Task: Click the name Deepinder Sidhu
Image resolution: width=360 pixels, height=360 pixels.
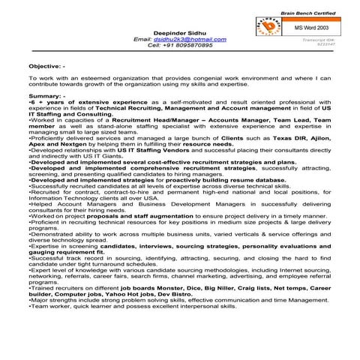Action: click(180, 32)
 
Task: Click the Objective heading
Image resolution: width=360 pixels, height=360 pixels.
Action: click(46, 67)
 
